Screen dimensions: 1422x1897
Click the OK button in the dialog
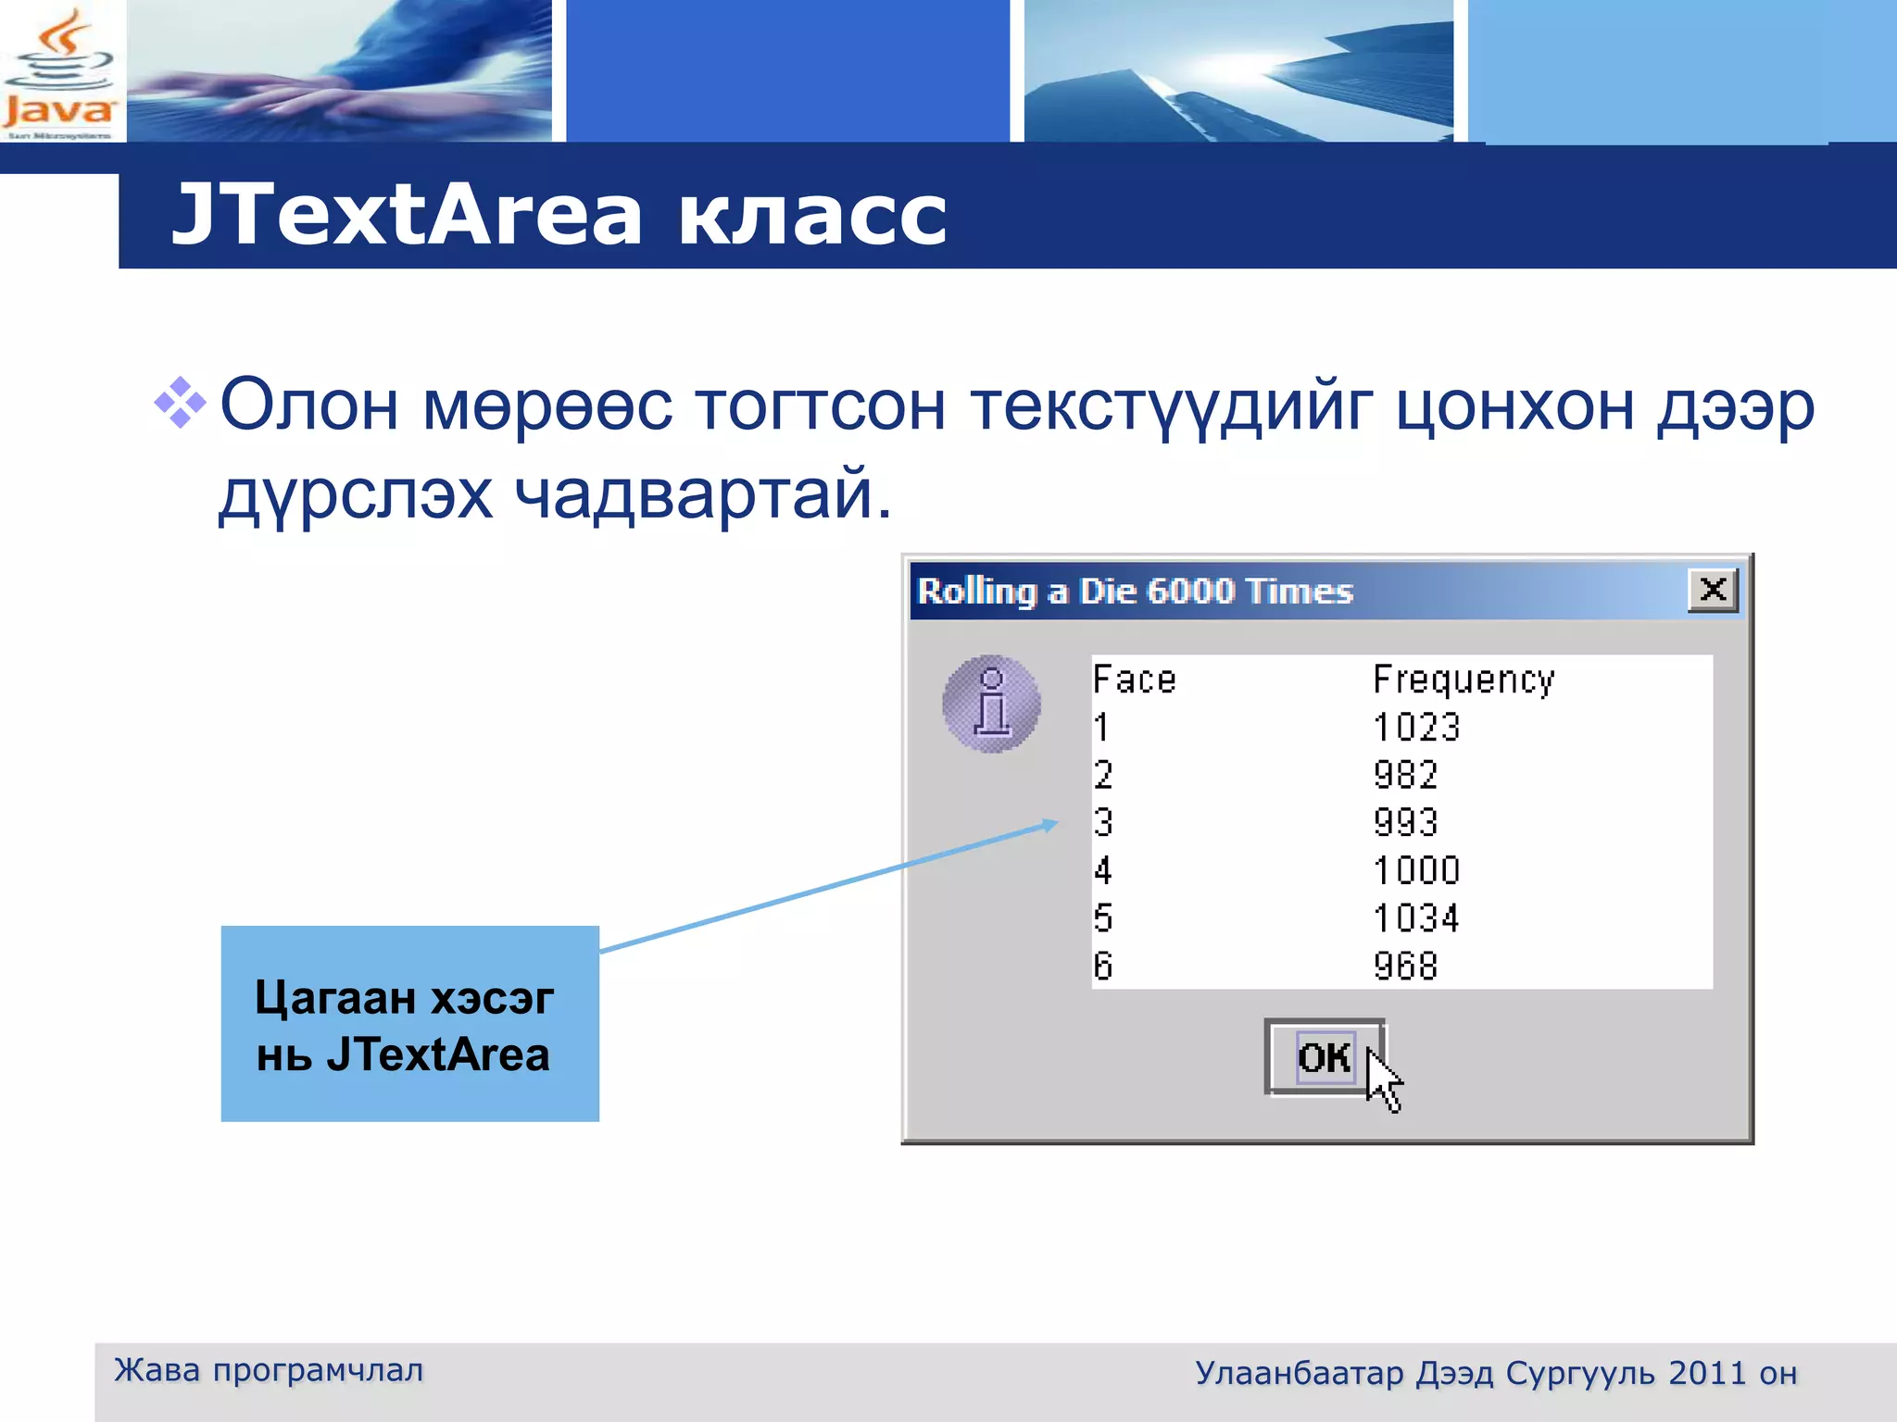click(x=1324, y=1057)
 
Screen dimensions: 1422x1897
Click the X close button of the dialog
click(x=1713, y=590)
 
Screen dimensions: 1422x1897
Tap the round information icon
click(x=991, y=705)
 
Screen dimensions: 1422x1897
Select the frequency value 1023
click(x=1416, y=728)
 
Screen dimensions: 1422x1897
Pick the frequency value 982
click(x=1405, y=775)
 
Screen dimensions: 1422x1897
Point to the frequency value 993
click(x=1405, y=823)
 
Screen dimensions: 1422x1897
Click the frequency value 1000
click(x=1416, y=871)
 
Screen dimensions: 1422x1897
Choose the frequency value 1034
click(x=1416, y=918)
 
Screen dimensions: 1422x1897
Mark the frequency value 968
click(x=1405, y=967)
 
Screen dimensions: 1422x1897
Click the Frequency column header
click(x=1464, y=680)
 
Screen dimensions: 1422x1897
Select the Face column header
click(x=1134, y=680)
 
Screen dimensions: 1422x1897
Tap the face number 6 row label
click(x=1102, y=967)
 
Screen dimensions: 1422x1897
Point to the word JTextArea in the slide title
click(x=408, y=215)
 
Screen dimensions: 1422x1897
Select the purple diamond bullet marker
click(x=180, y=404)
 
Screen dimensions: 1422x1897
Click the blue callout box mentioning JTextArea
click(x=409, y=1024)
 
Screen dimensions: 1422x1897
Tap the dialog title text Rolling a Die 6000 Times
click(x=1135, y=591)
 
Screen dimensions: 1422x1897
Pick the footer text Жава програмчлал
click(x=269, y=1370)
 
